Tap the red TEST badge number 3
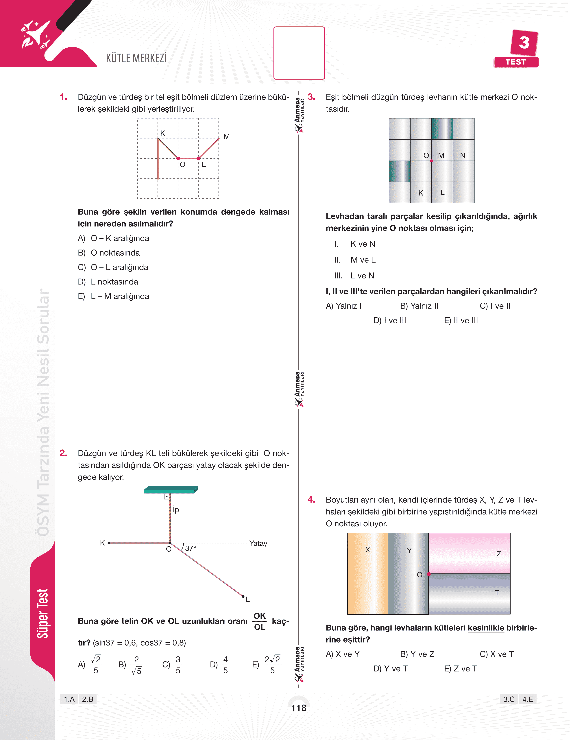524,43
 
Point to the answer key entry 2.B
88,699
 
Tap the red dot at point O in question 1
178,158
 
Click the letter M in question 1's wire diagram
226,136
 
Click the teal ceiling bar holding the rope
170,490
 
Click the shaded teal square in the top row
442,129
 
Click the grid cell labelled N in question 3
463,150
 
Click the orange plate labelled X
367,573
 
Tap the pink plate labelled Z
469,553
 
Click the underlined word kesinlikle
485,628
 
